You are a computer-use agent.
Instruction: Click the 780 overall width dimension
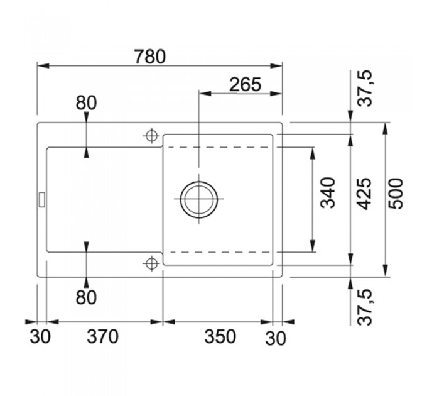150,57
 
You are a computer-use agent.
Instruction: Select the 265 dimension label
246,84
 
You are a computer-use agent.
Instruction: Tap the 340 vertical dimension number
328,193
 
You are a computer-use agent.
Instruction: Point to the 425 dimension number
365,194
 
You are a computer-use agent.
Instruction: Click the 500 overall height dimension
396,194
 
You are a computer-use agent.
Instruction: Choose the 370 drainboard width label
102,336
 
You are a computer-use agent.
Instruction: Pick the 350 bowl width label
220,336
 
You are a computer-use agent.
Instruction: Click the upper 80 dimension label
86,103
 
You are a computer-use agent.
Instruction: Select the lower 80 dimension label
86,297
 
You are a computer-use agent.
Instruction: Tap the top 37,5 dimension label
365,88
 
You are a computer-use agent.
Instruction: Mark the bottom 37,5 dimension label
365,307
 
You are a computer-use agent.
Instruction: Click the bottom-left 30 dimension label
40,336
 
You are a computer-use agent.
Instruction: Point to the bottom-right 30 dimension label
276,339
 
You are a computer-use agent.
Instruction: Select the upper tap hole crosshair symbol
152,135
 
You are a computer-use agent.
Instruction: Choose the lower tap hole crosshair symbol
152,263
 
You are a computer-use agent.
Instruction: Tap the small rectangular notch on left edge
42,199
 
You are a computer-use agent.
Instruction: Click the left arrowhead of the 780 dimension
43,66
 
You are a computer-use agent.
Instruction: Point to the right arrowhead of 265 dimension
276,94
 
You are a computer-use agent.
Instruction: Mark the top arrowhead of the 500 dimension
386,129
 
